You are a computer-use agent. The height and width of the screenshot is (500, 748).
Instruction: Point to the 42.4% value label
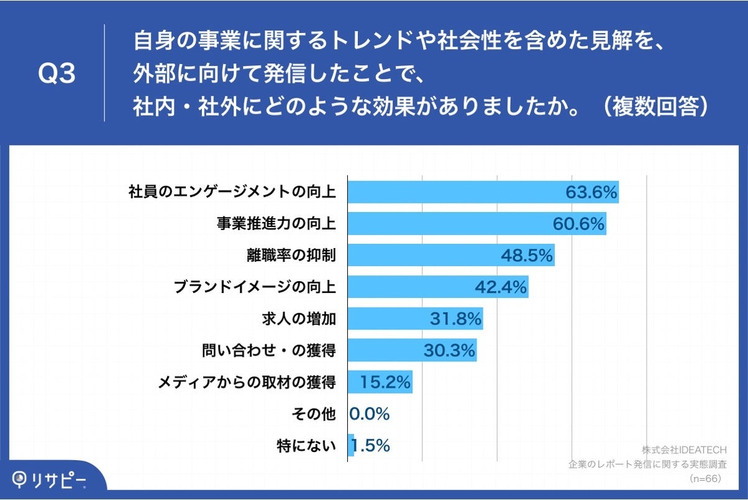click(x=501, y=287)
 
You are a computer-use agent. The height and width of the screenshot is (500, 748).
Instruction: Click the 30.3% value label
click(x=449, y=351)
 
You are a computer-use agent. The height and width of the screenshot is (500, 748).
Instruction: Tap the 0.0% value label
click(x=370, y=414)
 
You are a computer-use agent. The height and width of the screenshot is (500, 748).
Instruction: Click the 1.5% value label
click(x=371, y=446)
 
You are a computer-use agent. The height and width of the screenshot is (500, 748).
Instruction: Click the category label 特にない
click(x=306, y=446)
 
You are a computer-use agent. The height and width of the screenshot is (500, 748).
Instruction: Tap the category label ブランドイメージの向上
click(x=255, y=287)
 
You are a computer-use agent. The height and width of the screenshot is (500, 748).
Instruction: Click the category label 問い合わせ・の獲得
click(x=268, y=351)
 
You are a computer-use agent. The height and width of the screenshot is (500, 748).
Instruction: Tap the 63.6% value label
click(x=591, y=193)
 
